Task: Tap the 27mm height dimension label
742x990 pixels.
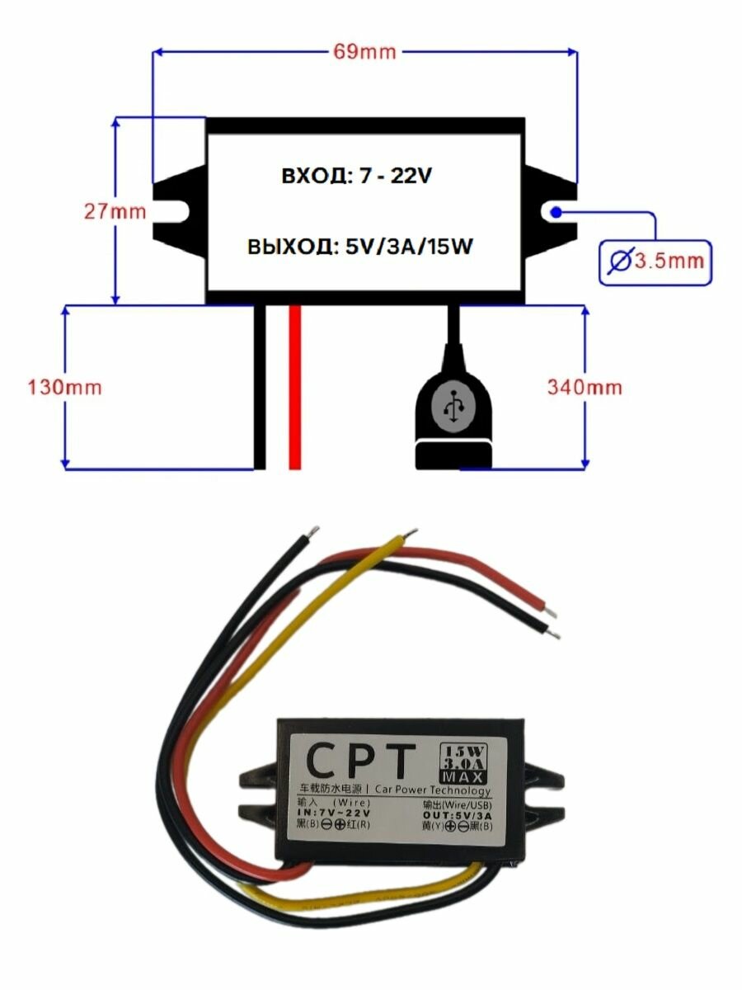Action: click(115, 211)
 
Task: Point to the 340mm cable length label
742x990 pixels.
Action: click(585, 387)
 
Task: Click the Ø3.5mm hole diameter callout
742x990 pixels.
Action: click(655, 262)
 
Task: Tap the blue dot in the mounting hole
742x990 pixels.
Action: click(557, 212)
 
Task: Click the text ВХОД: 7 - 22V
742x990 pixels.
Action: click(357, 177)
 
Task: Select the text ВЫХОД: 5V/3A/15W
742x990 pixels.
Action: click(359, 247)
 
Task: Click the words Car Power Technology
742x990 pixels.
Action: click(432, 791)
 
